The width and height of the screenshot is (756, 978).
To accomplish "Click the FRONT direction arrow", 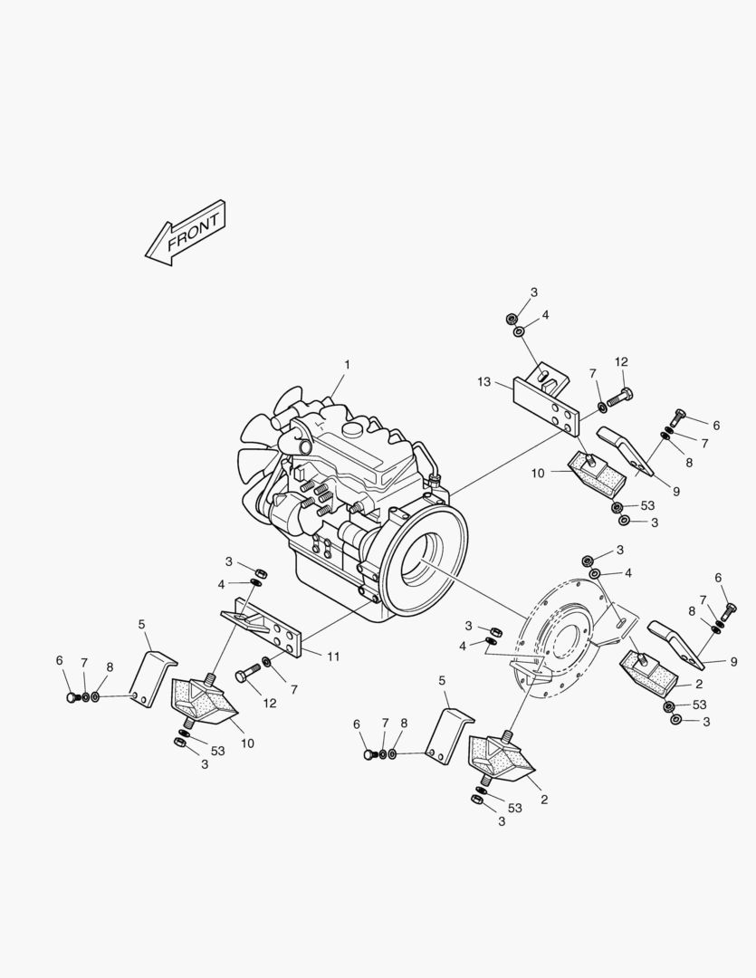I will click(186, 234).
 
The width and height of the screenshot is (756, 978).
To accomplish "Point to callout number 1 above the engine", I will click(346, 365).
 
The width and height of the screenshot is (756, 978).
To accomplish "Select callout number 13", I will click(484, 382).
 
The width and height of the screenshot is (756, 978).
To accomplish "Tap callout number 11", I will click(333, 657).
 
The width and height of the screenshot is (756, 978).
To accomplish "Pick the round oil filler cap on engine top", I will click(353, 426).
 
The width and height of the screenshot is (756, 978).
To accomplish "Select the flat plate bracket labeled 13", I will click(546, 405).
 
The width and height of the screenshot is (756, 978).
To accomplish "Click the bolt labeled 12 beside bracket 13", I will click(618, 395).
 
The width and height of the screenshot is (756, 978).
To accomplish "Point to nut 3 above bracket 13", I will click(512, 318).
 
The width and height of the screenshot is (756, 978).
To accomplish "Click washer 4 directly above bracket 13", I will click(518, 333).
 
